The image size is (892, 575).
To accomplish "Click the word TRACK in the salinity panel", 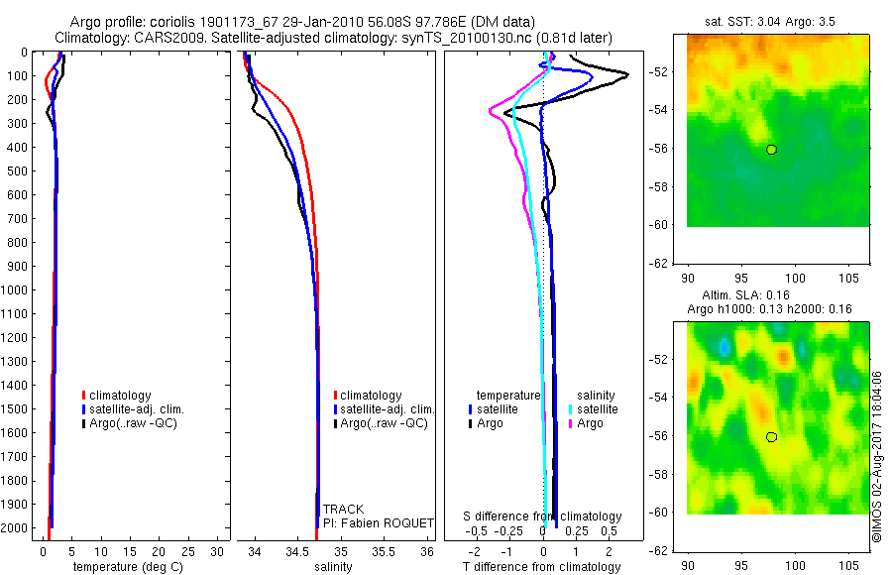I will coord(343,510).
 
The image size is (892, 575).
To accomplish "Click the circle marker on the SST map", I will coord(771,150).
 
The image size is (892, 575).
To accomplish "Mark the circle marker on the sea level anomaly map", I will coord(771,437).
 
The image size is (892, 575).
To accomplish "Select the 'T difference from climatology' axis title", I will coord(541,567).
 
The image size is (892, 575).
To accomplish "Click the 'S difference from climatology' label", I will coord(543,517).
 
